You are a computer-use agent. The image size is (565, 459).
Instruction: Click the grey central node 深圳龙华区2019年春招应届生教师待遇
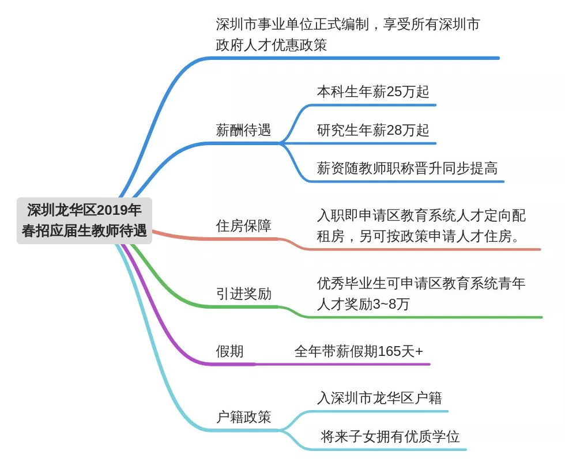[x=84, y=220]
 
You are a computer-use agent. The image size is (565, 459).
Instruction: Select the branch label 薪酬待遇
[x=243, y=130]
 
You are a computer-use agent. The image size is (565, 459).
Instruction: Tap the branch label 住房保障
[x=243, y=225]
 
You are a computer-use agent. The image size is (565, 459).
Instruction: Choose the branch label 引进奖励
[x=243, y=294]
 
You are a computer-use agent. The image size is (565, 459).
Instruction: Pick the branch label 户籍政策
[x=243, y=416]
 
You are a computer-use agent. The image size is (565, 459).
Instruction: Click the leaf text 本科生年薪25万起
[x=373, y=92]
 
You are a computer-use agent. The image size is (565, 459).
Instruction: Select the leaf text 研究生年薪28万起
[x=373, y=130]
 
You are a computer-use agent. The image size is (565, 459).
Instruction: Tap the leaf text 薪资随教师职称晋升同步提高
[x=407, y=168]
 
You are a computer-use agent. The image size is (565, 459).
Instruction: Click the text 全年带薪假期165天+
[x=359, y=351]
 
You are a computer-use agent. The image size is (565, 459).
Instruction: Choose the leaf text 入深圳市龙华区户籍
[x=380, y=397]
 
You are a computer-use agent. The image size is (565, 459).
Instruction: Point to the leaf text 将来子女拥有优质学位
[x=390, y=437]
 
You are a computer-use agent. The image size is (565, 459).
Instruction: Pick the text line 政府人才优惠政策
[x=271, y=44]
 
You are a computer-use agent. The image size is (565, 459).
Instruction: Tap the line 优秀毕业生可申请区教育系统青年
[x=421, y=283]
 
